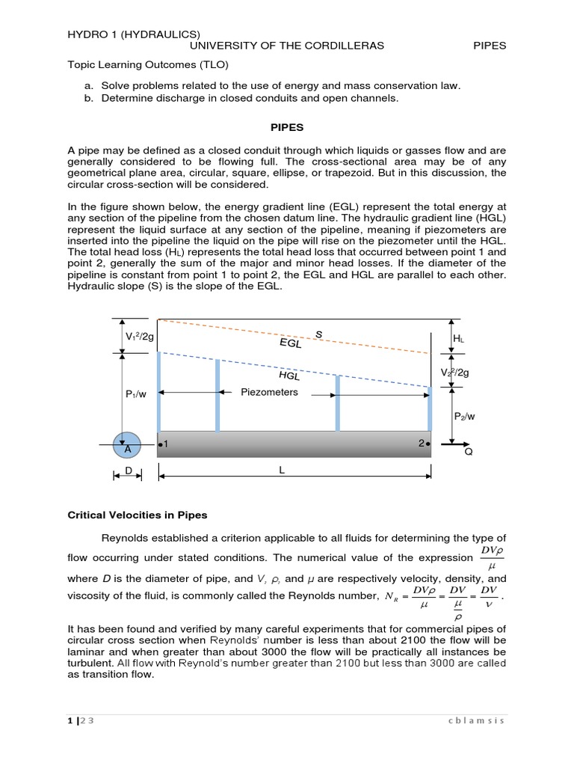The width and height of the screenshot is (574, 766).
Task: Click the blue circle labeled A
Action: click(126, 446)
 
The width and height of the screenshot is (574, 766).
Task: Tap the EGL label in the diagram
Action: click(291, 343)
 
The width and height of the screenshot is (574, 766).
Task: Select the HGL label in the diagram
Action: click(288, 376)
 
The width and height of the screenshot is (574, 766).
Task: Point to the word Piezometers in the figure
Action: click(269, 392)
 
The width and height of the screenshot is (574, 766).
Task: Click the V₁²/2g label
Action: click(139, 337)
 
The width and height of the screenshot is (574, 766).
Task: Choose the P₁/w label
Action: click(137, 393)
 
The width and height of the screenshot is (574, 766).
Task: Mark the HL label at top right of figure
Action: click(459, 339)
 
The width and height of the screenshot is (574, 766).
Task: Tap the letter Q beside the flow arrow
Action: click(469, 453)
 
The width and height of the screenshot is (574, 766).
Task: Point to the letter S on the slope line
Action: click(318, 334)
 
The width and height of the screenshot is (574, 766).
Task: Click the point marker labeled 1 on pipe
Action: click(163, 444)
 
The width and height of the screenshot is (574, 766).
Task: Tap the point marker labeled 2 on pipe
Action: click(424, 444)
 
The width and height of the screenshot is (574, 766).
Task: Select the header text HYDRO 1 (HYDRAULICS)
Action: click(134, 34)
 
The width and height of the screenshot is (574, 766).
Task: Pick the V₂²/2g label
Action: click(455, 373)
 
